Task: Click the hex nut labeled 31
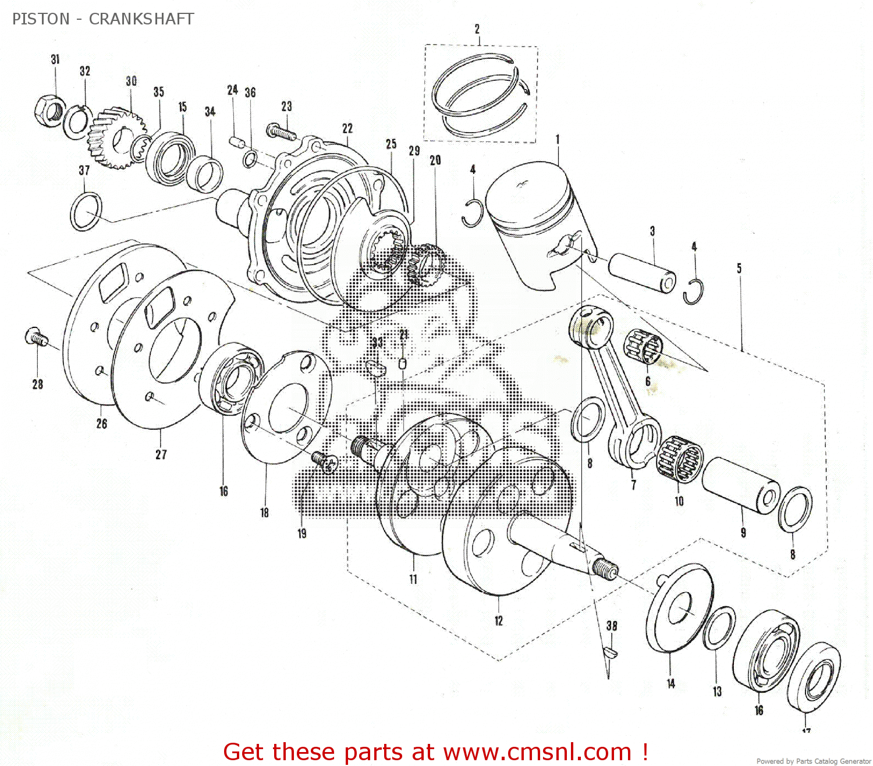click(x=49, y=108)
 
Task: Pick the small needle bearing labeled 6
click(x=643, y=347)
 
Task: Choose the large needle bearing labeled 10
click(x=680, y=459)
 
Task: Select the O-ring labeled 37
click(x=86, y=212)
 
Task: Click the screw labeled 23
click(x=281, y=131)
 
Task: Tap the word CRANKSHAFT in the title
click(x=141, y=19)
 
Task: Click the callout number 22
click(x=347, y=129)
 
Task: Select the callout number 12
click(x=499, y=621)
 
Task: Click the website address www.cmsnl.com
click(x=537, y=752)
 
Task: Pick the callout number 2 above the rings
click(x=477, y=28)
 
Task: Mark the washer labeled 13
click(x=719, y=629)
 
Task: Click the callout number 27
click(x=161, y=454)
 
